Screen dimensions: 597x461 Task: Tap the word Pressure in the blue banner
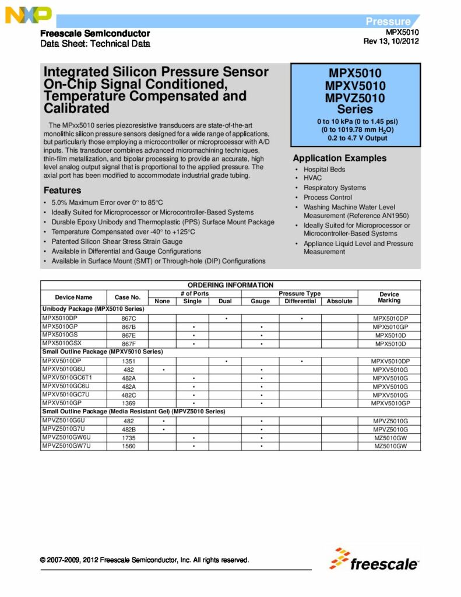(x=388, y=22)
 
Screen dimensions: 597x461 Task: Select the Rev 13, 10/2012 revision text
(x=390, y=41)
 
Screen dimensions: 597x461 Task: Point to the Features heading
(x=62, y=190)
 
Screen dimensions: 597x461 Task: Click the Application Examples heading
(x=339, y=158)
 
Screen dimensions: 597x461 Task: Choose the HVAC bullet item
(x=313, y=178)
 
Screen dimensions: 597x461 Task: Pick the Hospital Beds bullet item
(x=324, y=169)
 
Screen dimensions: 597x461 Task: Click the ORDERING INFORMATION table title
(x=230, y=285)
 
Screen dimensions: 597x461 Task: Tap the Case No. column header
(x=128, y=297)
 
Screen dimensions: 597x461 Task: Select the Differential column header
(x=300, y=301)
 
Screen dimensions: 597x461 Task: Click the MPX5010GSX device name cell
(x=62, y=344)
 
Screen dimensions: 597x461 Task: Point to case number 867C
(x=128, y=318)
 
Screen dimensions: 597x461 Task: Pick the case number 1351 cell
(x=128, y=361)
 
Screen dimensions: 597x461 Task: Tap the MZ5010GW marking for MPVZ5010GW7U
(x=389, y=446)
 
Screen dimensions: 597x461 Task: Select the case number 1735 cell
(x=128, y=437)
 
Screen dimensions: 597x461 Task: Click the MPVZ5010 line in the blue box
(x=355, y=97)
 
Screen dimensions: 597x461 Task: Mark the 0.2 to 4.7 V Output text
(x=355, y=138)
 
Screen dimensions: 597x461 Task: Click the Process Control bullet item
(x=328, y=198)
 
